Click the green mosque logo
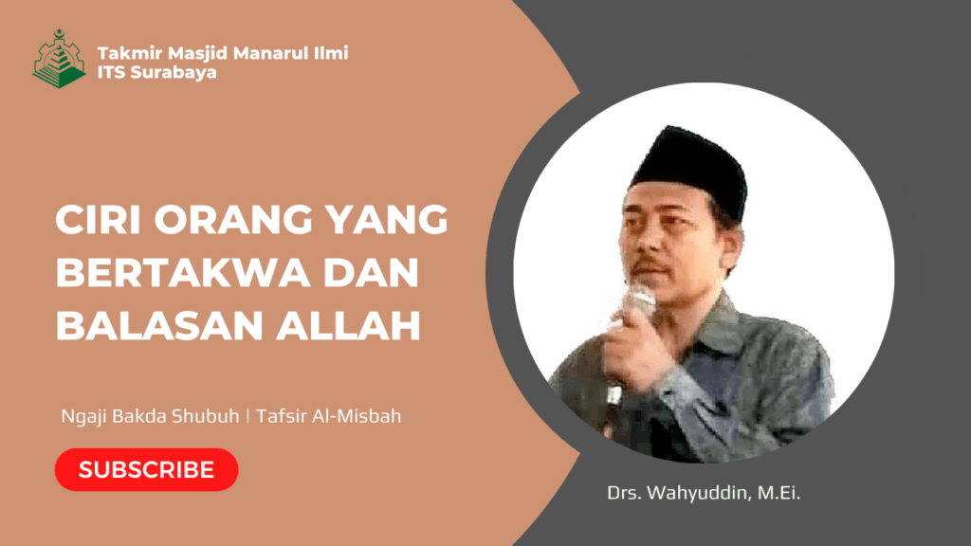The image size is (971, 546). pos(59,59)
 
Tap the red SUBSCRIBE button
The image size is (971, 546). pos(146,469)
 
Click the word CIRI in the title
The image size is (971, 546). pos(99,221)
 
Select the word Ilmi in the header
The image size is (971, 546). pos(329,53)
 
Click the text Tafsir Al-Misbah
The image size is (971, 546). pos(349,416)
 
